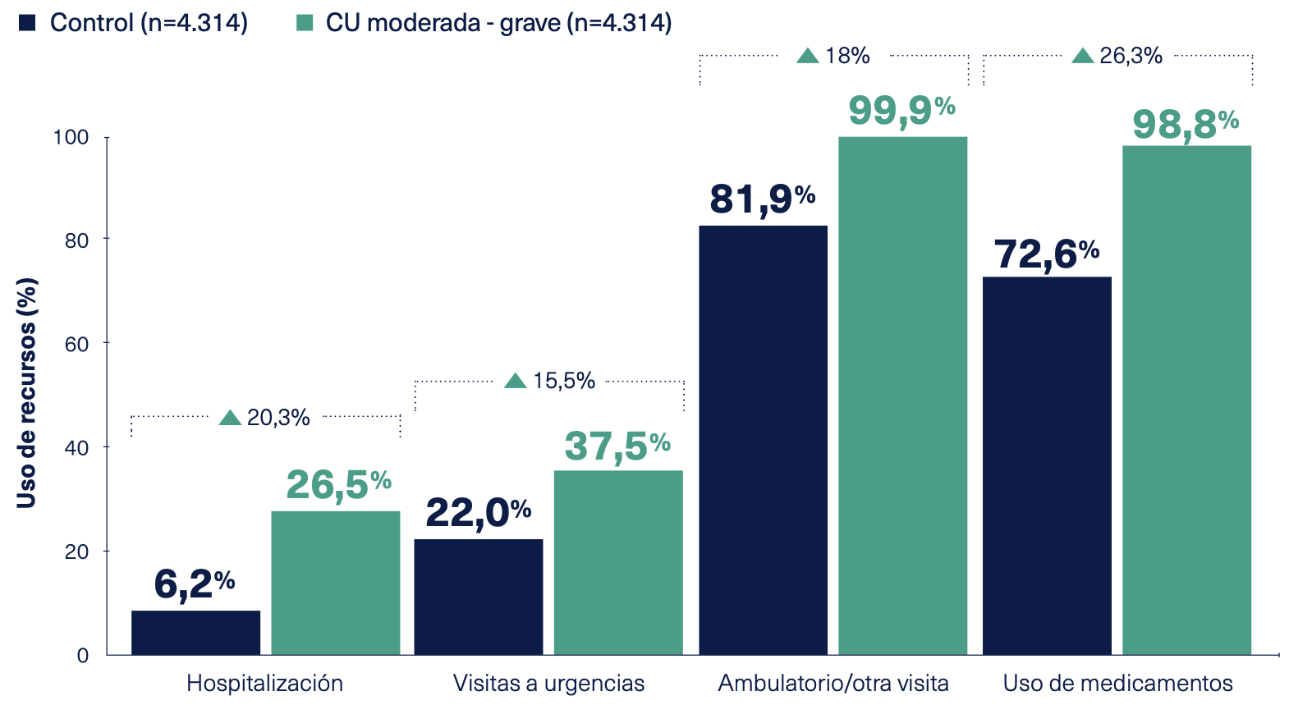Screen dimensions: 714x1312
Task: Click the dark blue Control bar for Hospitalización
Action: [x=195, y=633]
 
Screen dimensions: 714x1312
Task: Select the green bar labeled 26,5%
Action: [x=335, y=583]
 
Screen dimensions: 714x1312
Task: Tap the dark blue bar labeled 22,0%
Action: [x=478, y=597]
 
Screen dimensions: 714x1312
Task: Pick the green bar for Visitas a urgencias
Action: [x=618, y=562]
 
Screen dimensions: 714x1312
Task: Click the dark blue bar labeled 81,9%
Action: [x=763, y=440]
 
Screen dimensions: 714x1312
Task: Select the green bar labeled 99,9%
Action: [x=902, y=396]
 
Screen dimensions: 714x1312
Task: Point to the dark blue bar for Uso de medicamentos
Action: [x=1047, y=465]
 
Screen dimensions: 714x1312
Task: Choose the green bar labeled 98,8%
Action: [x=1186, y=400]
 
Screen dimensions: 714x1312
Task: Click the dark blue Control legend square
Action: [x=28, y=22]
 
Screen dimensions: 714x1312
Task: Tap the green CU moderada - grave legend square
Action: [x=305, y=22]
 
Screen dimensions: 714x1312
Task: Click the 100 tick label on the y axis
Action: [x=71, y=137]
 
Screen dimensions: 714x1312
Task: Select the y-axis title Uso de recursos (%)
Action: [x=27, y=392]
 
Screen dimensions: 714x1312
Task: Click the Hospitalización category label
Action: [x=264, y=683]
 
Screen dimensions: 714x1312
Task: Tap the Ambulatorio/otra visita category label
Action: [x=833, y=683]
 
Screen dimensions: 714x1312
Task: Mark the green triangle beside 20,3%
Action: [x=231, y=419]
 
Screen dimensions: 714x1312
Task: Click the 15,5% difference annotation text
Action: [x=563, y=381]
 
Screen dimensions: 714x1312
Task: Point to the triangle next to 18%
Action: [x=808, y=56]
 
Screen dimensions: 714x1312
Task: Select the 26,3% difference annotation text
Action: [x=1131, y=56]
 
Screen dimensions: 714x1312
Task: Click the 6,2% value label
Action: [x=194, y=584]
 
